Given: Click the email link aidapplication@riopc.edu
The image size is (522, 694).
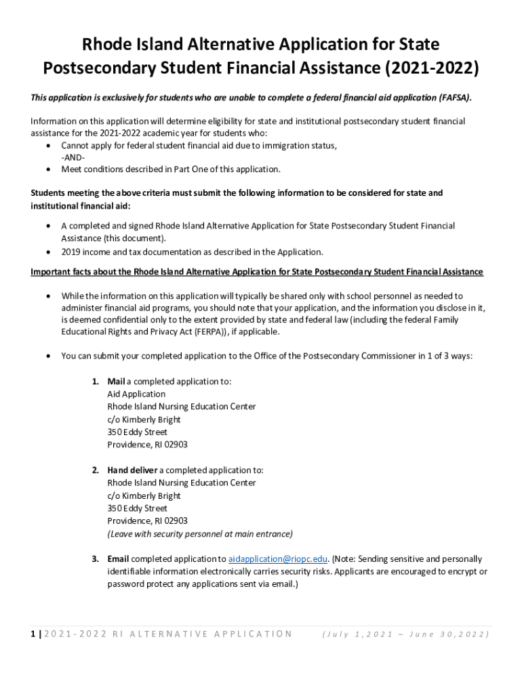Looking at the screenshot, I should coord(278,559).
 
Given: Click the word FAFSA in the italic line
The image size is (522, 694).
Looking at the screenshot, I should coord(452,98).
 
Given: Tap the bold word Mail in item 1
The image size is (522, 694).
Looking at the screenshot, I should coord(116,382).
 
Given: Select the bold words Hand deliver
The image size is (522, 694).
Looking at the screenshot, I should coord(132,470).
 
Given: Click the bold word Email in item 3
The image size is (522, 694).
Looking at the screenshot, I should coord(118,559).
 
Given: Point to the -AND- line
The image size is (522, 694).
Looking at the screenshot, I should coord(73,157).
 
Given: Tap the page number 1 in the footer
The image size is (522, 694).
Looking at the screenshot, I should coord(33,634).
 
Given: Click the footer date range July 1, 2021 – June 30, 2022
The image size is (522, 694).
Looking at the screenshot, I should coord(405,634).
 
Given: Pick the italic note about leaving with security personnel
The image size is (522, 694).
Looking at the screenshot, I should coord(200,534).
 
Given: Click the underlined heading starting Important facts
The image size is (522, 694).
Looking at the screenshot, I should coord(256,272).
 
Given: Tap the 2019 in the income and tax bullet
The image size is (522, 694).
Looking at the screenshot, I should coord(71,252).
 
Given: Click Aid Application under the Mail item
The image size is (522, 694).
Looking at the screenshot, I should coord(136,394).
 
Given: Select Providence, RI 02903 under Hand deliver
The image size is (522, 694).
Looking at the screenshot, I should coord(147,521).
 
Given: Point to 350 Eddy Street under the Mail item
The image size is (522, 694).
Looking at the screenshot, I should coord(137,432).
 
